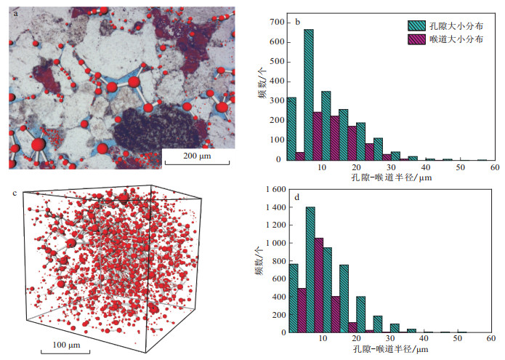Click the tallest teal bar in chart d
coord(310,270)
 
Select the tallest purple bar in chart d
coord(318,285)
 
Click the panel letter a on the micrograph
coord(15,12)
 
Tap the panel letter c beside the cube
coord(15,193)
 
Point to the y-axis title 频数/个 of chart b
coord(259,91)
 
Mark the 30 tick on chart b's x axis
coord(390,167)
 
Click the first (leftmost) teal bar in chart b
coord(291,128)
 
